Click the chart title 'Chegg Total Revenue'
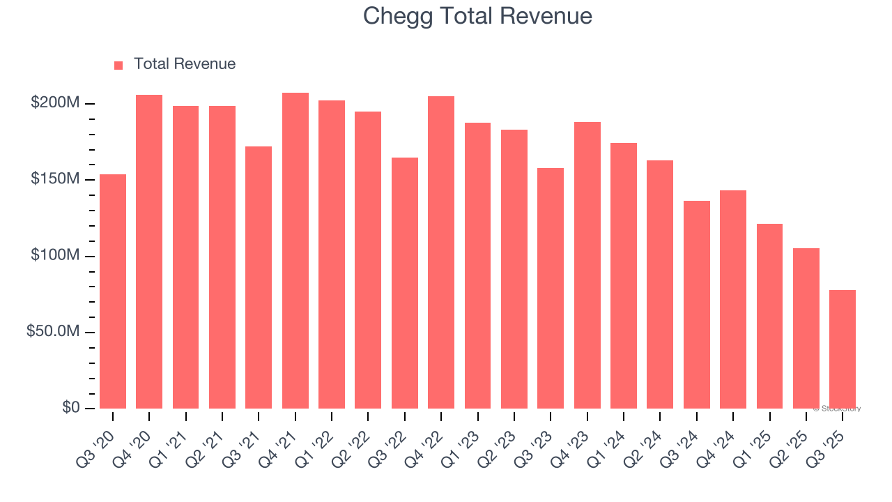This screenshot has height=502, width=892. pyautogui.click(x=477, y=16)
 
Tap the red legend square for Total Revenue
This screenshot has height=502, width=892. pyautogui.click(x=118, y=65)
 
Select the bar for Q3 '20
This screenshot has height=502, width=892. pyautogui.click(x=113, y=291)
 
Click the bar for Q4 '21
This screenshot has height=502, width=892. pyautogui.click(x=295, y=250)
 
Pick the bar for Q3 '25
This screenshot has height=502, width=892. pyautogui.click(x=843, y=349)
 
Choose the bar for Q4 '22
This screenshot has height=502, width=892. pyautogui.click(x=441, y=252)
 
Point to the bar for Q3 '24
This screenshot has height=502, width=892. pyautogui.click(x=697, y=304)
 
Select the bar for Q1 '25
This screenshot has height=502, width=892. pyautogui.click(x=769, y=316)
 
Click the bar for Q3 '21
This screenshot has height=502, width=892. pyautogui.click(x=259, y=277)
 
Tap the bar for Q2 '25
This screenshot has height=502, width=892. pyautogui.click(x=806, y=328)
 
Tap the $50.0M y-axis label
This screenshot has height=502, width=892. pyautogui.click(x=53, y=331)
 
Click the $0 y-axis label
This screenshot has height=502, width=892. pyautogui.click(x=69, y=407)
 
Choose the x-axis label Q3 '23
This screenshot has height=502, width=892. pyautogui.click(x=540, y=441)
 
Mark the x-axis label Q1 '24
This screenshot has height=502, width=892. pyautogui.click(x=613, y=441)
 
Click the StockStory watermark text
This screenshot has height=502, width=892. pyautogui.click(x=837, y=409)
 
